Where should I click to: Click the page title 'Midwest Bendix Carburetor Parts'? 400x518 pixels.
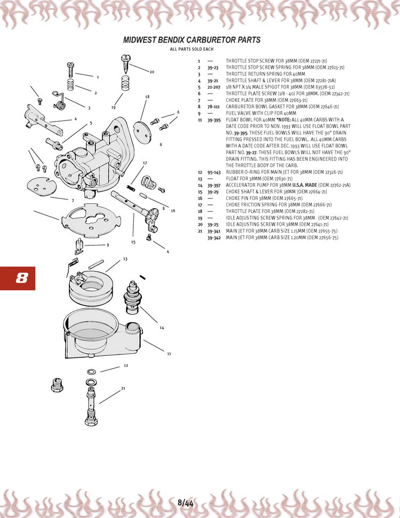(191, 40)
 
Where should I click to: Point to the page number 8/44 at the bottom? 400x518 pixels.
(186, 503)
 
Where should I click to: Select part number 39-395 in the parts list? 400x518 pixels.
(214, 120)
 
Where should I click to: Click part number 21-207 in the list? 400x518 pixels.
(214, 87)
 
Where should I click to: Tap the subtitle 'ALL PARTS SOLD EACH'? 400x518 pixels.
(191, 49)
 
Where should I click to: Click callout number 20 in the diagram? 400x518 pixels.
(152, 72)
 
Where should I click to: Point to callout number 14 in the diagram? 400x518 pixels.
(162, 328)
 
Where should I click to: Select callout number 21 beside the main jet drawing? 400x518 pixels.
(123, 388)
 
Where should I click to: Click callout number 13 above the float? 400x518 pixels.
(125, 259)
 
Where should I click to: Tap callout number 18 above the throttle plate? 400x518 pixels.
(147, 97)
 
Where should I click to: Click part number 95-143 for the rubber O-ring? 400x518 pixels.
(214, 172)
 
